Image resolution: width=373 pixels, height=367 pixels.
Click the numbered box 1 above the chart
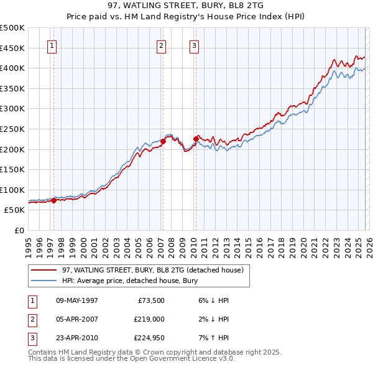[51, 45]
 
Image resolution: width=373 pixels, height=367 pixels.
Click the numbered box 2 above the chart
[161, 45]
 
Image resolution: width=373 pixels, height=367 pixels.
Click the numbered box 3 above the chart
[194, 45]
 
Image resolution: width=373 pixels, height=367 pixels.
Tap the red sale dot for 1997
[54, 200]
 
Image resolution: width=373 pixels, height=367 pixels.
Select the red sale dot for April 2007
[163, 141]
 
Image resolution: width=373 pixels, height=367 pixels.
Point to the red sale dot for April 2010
[196, 139]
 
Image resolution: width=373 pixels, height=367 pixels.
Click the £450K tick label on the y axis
[12, 48]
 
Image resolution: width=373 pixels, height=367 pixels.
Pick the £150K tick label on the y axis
[12, 169]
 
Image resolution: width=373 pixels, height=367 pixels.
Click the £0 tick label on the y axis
[19, 230]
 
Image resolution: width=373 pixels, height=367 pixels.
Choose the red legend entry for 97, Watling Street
[155, 270]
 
